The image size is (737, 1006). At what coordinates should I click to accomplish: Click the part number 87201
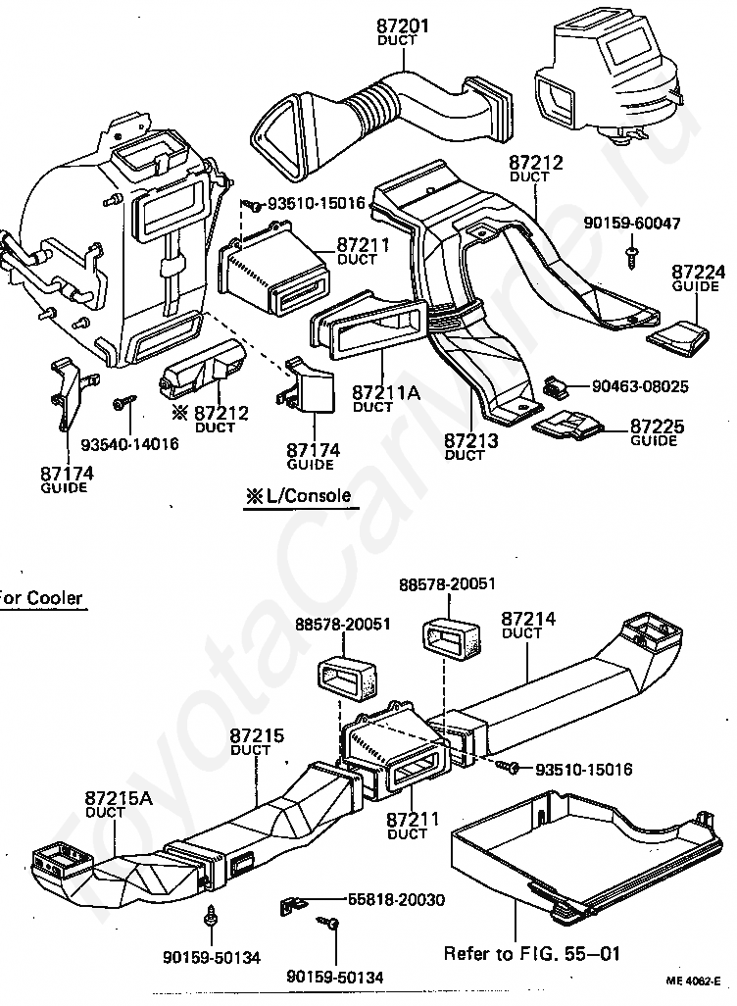coord(402,26)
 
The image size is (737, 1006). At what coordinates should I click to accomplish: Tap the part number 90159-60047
coord(632,224)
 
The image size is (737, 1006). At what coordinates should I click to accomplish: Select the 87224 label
coord(699,272)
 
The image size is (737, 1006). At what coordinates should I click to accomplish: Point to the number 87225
coord(658,426)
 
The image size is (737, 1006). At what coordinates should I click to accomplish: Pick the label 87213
coord(470,441)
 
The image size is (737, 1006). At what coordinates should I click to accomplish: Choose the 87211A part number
coord(386,392)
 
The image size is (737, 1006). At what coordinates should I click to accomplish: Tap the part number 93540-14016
coord(129,443)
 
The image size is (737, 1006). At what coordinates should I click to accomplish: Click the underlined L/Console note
coord(299,495)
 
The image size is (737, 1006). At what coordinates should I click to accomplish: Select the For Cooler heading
coord(41,598)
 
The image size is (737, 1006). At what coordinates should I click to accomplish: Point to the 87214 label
coord(528,619)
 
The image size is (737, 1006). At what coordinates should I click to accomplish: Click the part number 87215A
coord(119,797)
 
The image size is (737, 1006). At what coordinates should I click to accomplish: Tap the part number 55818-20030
coord(396,900)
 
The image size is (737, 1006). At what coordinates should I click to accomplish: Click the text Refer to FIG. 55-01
coord(532,953)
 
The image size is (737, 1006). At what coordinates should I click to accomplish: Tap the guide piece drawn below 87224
coord(678,337)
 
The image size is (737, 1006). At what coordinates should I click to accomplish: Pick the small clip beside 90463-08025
coord(554,385)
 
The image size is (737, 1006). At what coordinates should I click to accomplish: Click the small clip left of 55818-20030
coord(293,906)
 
